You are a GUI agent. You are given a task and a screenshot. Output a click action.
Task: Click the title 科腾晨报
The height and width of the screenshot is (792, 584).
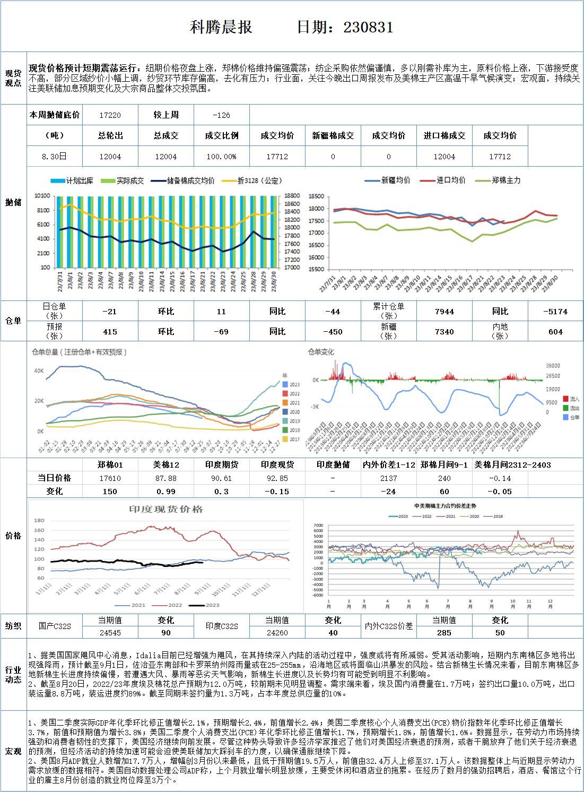point(221,28)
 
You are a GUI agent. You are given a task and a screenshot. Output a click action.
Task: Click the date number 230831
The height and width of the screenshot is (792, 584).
point(368,28)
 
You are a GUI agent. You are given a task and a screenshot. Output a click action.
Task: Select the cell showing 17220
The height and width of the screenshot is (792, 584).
point(110,115)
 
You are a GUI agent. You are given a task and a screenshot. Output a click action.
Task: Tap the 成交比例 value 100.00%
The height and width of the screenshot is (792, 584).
point(221,157)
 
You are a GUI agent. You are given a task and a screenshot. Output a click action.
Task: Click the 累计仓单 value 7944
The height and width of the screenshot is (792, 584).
point(444,312)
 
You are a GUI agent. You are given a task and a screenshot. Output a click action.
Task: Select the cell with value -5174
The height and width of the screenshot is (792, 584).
point(555,312)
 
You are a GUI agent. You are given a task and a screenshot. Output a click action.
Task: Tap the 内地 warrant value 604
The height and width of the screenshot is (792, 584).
point(555,332)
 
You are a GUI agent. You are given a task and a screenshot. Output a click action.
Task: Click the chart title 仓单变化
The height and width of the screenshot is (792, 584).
point(321,352)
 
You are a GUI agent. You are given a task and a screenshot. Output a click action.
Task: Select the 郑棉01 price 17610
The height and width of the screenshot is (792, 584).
point(110,478)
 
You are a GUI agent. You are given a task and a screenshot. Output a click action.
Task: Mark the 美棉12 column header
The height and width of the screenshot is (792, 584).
point(165,465)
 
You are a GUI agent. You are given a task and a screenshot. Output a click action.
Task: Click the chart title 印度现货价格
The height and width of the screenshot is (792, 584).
point(166,510)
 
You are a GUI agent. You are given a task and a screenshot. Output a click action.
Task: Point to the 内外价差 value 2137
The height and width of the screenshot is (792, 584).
point(388,478)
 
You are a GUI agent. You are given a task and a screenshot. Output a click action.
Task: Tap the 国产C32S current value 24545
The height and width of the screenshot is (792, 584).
point(110,633)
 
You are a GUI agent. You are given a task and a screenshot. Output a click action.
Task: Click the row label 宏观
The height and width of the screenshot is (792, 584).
point(13,751)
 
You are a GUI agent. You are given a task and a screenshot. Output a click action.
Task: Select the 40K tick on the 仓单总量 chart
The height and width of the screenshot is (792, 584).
point(39,371)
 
